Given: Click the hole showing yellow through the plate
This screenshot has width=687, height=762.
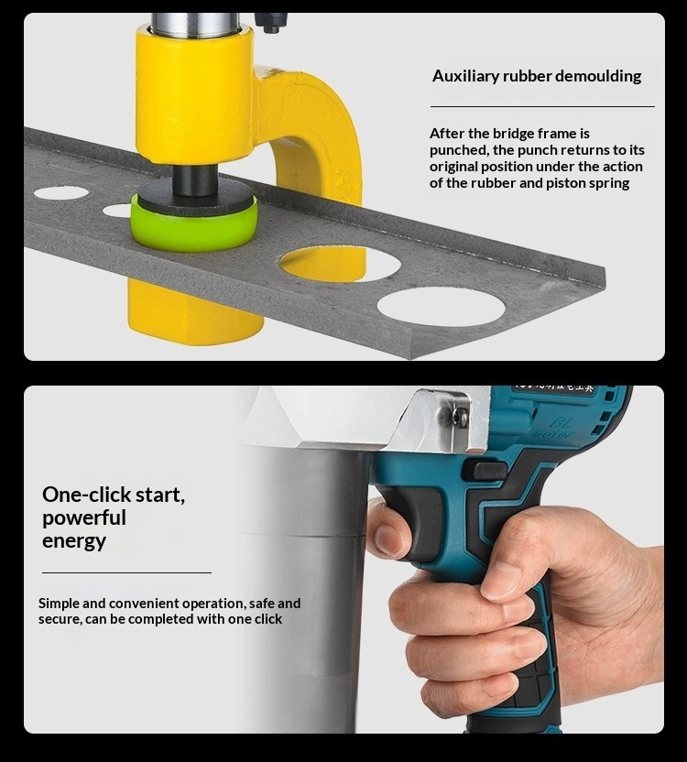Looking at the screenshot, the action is (x=340, y=264).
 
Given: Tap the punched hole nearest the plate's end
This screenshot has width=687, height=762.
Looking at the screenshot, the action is (x=441, y=307).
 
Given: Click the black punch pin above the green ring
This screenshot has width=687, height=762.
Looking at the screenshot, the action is (x=194, y=180).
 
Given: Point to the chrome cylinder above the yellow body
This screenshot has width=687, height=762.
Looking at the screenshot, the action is (x=196, y=25).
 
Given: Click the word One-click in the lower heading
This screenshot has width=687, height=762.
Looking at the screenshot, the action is (x=86, y=495).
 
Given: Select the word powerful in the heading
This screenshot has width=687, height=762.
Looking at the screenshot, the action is (x=84, y=518).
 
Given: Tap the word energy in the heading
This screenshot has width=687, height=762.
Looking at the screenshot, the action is (x=74, y=541).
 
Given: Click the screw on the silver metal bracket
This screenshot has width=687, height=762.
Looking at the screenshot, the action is (x=460, y=416).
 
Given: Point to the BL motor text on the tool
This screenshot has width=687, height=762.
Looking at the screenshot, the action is (x=554, y=429).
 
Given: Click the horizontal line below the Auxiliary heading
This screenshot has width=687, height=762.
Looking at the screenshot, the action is (x=542, y=106).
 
